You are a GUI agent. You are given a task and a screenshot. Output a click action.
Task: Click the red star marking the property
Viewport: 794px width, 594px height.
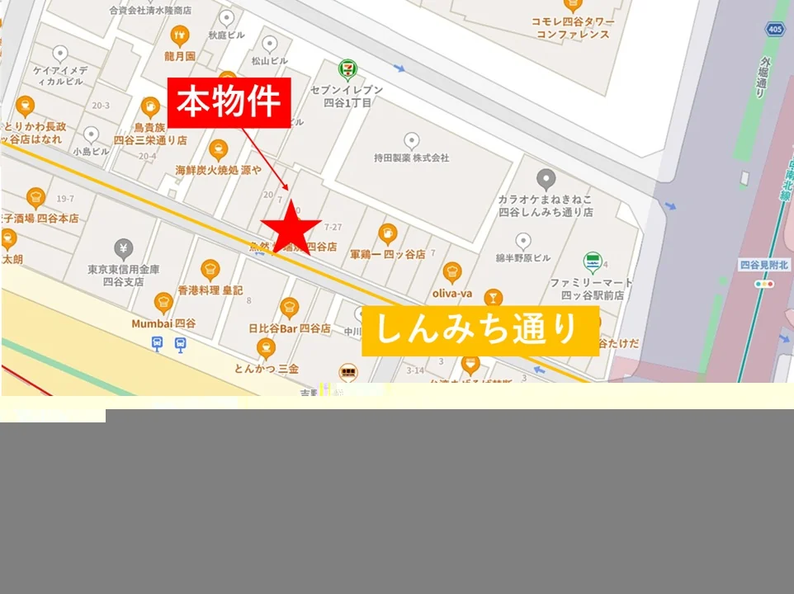pyautogui.click(x=291, y=229)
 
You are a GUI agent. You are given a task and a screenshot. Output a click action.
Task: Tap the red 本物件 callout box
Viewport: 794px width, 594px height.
pyautogui.click(x=230, y=103)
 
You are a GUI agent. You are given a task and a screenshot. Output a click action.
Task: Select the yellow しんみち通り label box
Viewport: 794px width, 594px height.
pyautogui.click(x=480, y=331)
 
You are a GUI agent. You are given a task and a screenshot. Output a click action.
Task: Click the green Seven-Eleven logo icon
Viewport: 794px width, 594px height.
pyautogui.click(x=347, y=69)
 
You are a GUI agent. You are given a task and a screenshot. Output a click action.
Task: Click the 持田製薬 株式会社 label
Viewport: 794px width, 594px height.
pyautogui.click(x=411, y=158)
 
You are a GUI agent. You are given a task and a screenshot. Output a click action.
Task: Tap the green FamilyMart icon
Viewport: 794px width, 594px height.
pyautogui.click(x=592, y=263)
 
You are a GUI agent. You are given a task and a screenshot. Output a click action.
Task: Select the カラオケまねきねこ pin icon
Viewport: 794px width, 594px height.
pyautogui.click(x=546, y=179)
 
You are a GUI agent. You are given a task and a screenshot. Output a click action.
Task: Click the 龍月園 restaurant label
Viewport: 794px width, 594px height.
pyautogui.click(x=179, y=57)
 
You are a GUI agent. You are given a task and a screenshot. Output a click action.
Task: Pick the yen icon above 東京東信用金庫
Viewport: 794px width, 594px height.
pyautogui.click(x=124, y=247)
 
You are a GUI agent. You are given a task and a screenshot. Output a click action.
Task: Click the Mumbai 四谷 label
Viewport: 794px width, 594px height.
pyautogui.click(x=163, y=323)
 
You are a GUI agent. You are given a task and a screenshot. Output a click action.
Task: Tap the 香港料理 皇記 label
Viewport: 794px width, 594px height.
pyautogui.click(x=210, y=290)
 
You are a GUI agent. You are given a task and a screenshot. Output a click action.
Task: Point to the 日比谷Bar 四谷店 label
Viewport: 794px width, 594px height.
pyautogui.click(x=289, y=328)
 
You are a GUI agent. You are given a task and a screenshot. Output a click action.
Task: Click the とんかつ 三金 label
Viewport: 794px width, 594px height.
pyautogui.click(x=266, y=368)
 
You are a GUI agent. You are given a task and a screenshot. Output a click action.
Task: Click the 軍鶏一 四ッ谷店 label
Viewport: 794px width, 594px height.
pyautogui.click(x=387, y=255)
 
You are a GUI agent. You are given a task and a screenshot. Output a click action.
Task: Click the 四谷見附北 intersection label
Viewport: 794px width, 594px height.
pyautogui.click(x=764, y=265)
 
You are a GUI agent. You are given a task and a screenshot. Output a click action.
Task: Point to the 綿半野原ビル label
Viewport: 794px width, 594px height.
pyautogui.click(x=523, y=258)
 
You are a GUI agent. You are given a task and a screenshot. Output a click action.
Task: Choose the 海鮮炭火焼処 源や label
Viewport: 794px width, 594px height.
pyautogui.click(x=218, y=170)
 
